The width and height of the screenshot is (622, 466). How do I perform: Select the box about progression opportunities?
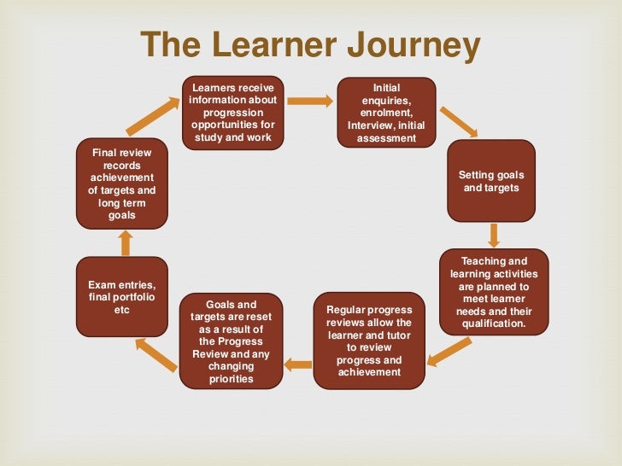(232, 113)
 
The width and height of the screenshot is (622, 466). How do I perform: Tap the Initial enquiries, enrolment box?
(386, 113)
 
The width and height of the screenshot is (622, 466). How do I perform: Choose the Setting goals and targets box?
(491, 182)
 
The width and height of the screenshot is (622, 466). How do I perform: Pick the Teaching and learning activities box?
(494, 293)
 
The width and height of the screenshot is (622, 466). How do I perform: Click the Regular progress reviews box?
(369, 341)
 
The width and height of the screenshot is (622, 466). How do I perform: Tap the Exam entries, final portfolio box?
(122, 296)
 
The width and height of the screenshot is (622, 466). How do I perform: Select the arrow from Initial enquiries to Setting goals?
(458, 121)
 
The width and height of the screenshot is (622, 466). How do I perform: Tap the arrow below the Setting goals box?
(494, 235)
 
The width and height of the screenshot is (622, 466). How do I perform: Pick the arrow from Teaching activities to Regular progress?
(449, 351)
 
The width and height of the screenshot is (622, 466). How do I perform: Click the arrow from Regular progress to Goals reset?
(298, 364)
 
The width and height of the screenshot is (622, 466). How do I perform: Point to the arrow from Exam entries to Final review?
(125, 243)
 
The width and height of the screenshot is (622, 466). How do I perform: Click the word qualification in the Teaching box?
(494, 324)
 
